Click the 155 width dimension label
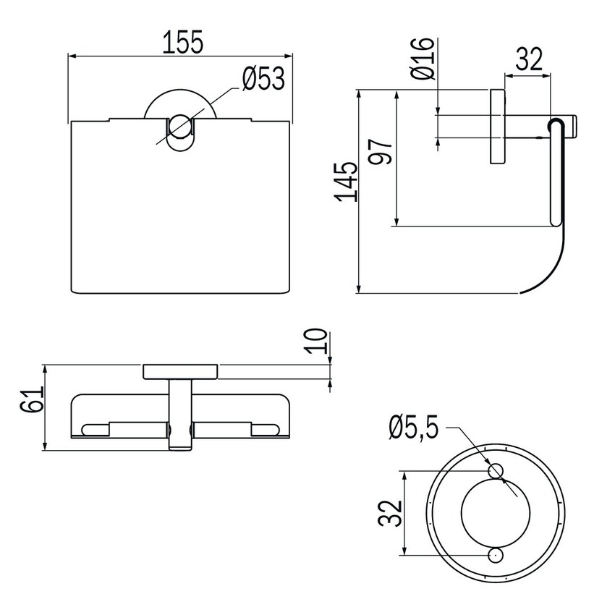tap(184, 41)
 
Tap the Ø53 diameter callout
tap(263, 78)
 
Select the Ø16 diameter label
tap(423, 59)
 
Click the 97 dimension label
tap(381, 152)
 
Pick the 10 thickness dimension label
tap(316, 342)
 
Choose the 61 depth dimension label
tap(31, 399)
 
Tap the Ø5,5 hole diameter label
tap(413, 428)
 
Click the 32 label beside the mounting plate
tap(390, 514)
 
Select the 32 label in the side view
tap(529, 59)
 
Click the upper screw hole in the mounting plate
tap(496, 471)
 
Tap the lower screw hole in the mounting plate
tap(496, 556)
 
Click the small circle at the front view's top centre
tap(180, 127)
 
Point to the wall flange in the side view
tap(497, 127)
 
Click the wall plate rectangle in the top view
tap(180, 372)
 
